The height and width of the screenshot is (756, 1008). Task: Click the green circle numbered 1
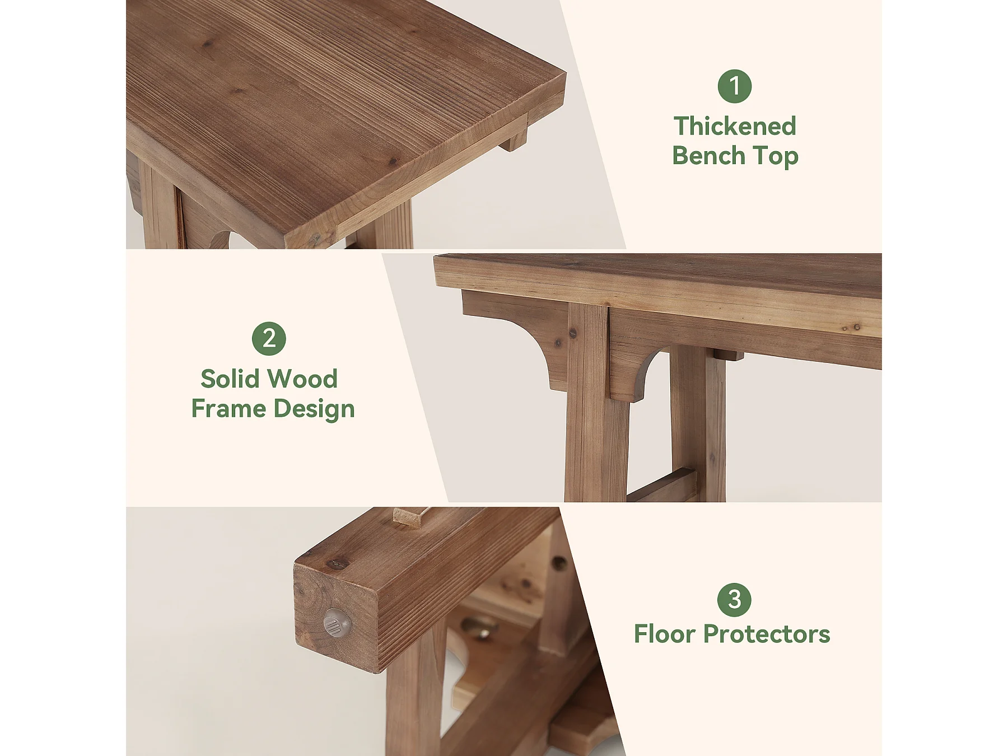tap(734, 86)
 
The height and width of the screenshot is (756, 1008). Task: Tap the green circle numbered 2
tap(269, 339)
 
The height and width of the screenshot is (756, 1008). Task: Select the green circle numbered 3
tap(734, 600)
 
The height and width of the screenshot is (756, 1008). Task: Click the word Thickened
tap(735, 126)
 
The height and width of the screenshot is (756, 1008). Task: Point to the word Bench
tap(708, 156)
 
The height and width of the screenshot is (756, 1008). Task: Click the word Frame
tap(228, 409)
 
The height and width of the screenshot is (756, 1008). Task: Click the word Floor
tap(665, 634)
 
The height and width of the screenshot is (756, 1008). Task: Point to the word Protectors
tap(767, 634)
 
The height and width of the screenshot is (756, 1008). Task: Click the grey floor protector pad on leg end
tap(337, 622)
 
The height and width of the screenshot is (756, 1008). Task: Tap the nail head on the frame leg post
tap(573, 334)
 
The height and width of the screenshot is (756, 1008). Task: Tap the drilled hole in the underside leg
tap(559, 563)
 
